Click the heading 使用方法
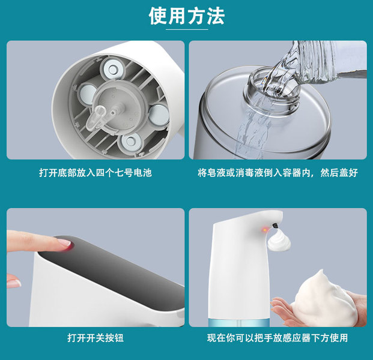click(x=187, y=16)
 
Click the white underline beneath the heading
click(x=187, y=29)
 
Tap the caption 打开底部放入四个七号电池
click(x=96, y=173)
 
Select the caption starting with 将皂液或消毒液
click(x=277, y=173)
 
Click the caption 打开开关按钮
click(x=96, y=338)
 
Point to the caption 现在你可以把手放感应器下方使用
click(x=277, y=338)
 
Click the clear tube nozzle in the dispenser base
click(x=95, y=118)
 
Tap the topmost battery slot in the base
click(x=112, y=69)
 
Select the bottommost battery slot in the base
click(x=130, y=142)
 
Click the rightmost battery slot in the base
click(x=159, y=115)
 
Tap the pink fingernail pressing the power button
click(x=65, y=243)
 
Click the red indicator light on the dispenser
click(x=265, y=230)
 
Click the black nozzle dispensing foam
click(x=275, y=225)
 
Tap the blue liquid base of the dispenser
click(x=239, y=322)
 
